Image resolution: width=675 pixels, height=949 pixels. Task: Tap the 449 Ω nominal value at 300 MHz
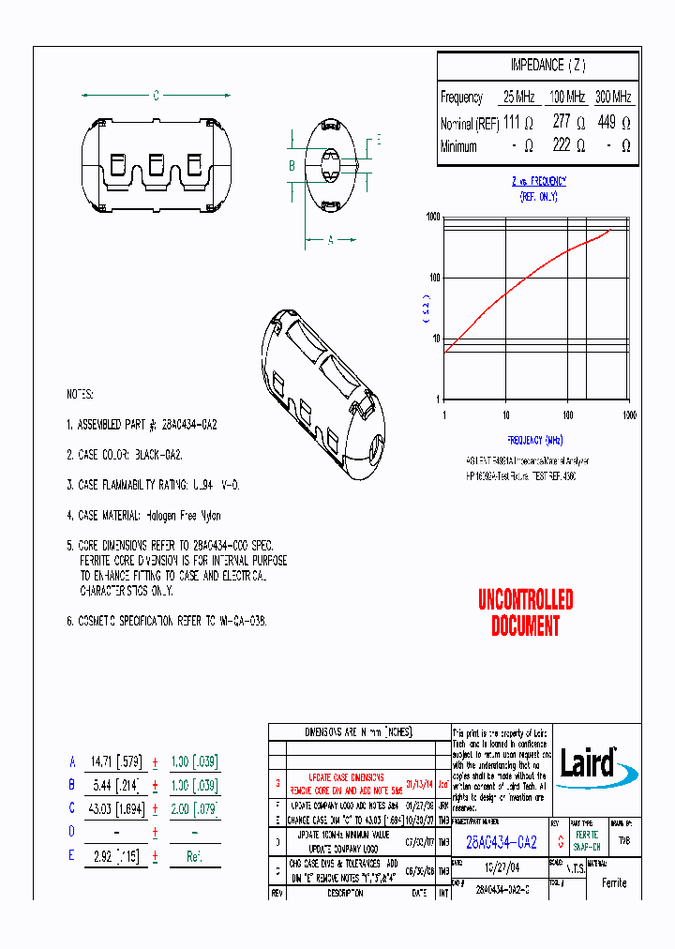coord(613,122)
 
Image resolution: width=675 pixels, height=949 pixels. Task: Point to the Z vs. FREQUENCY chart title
coord(538,181)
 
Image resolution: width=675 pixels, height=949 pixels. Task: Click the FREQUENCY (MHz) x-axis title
coord(535,439)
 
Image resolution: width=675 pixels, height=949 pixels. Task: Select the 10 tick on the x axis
coord(505,414)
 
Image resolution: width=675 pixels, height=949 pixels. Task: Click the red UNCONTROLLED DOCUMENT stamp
coord(525,612)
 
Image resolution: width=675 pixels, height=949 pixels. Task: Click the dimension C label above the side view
coord(157,96)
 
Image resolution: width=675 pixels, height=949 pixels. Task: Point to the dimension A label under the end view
coord(331,239)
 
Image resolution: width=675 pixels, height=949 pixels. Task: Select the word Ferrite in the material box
coord(614,882)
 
